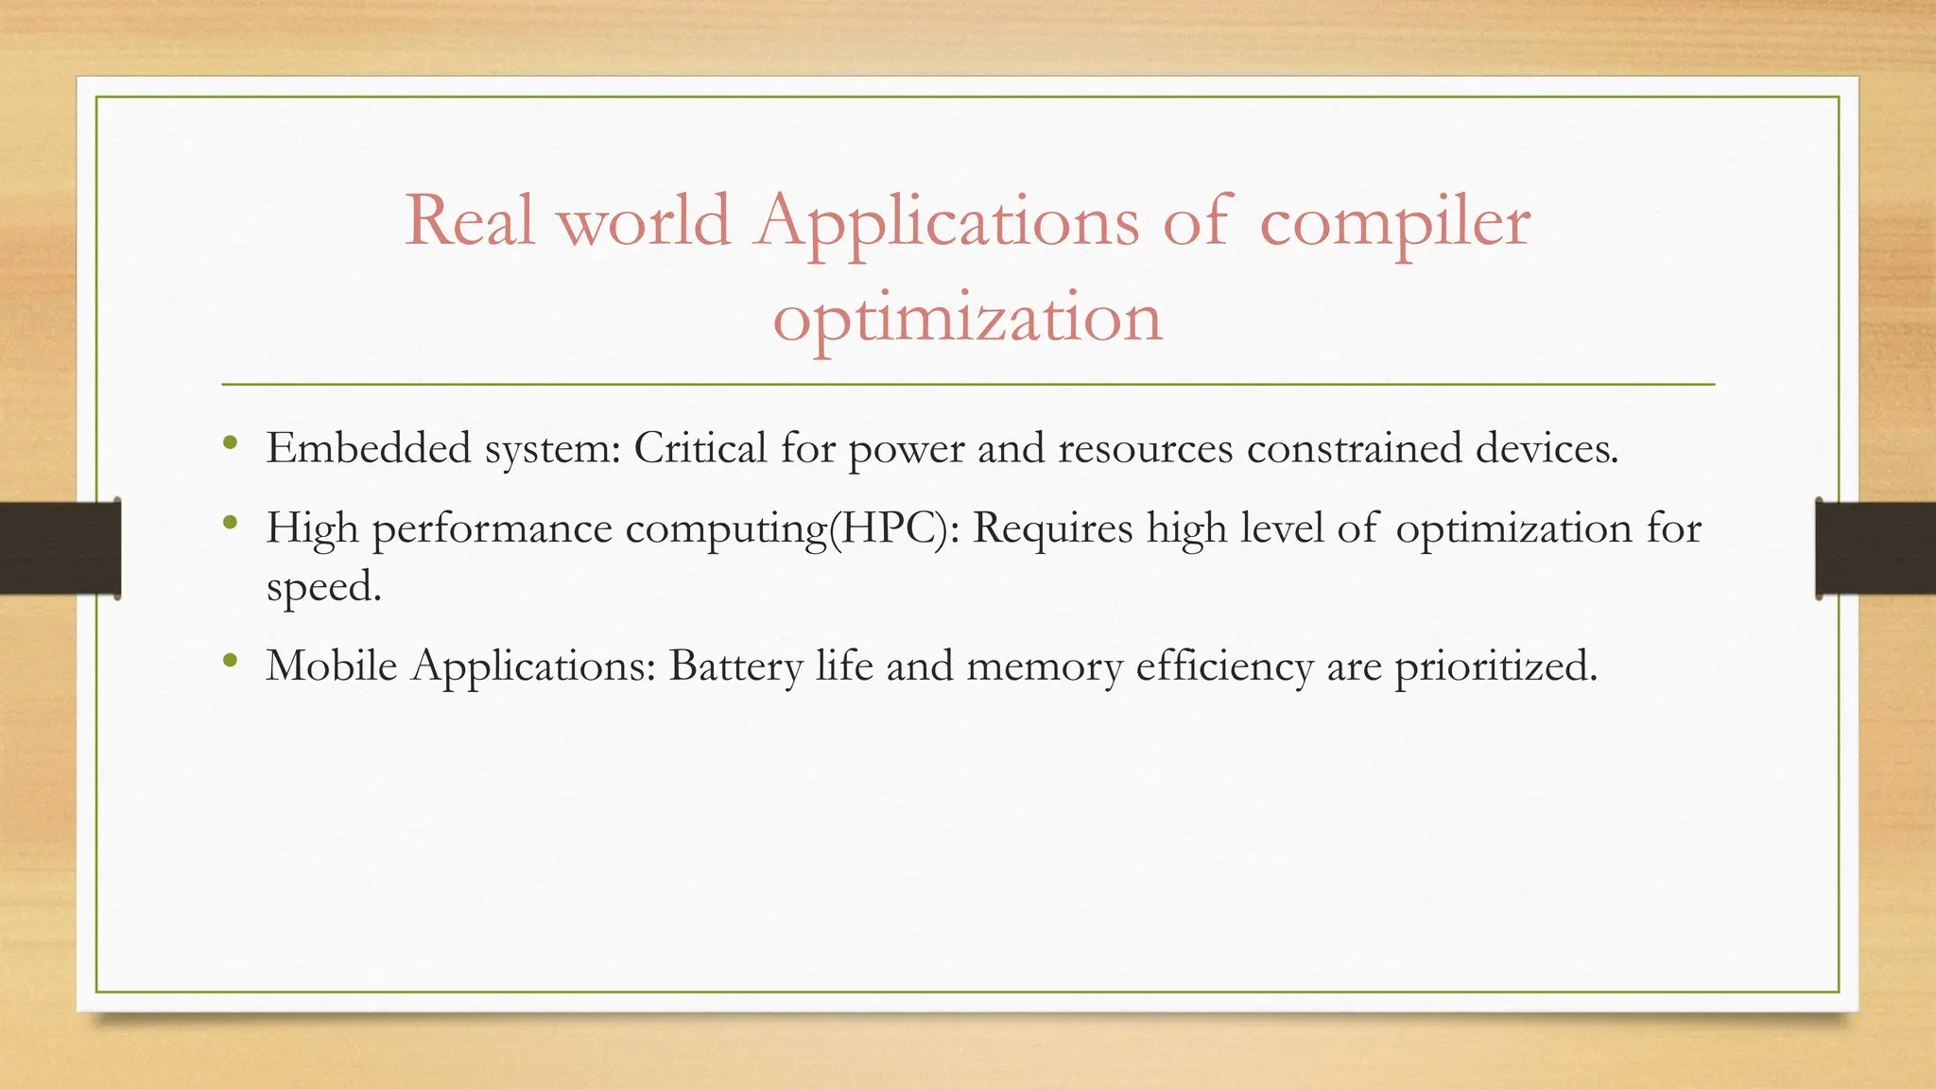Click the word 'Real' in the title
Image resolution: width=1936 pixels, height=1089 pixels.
click(470, 220)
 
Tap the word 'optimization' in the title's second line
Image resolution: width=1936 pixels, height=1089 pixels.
click(967, 319)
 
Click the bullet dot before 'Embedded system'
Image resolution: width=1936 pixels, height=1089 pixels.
click(231, 442)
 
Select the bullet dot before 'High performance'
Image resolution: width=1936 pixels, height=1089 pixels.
click(231, 522)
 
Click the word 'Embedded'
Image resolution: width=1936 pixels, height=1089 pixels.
click(368, 447)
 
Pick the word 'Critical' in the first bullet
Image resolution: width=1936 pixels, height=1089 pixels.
click(700, 447)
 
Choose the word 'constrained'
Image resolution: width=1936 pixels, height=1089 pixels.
click(1354, 447)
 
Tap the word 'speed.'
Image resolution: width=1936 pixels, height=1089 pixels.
click(323, 588)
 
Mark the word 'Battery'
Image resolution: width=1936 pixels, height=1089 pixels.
click(735, 667)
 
